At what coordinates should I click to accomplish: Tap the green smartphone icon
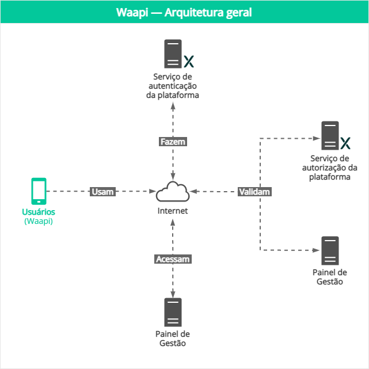pyautogui.click(x=39, y=191)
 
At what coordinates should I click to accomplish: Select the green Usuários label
pyautogui.click(x=39, y=212)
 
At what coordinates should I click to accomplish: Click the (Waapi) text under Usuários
pyautogui.click(x=39, y=221)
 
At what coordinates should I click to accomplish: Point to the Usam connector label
pyautogui.click(x=102, y=192)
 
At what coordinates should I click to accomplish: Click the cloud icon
pyautogui.click(x=173, y=191)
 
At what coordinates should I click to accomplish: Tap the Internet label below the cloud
pyautogui.click(x=173, y=211)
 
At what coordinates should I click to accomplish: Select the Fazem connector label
pyautogui.click(x=173, y=141)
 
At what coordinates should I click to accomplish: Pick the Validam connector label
pyautogui.click(x=254, y=192)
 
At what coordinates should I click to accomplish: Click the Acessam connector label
pyautogui.click(x=173, y=259)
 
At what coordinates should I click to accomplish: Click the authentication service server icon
pyautogui.click(x=173, y=54)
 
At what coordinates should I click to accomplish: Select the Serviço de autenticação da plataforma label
pyautogui.click(x=173, y=86)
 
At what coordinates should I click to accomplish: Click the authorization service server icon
pyautogui.click(x=330, y=136)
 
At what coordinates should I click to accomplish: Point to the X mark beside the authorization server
pyautogui.click(x=345, y=142)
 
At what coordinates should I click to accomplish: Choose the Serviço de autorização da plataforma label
pyautogui.click(x=330, y=168)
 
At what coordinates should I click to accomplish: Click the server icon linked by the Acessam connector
pyautogui.click(x=173, y=313)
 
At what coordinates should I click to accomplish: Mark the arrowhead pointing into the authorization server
pyautogui.click(x=316, y=138)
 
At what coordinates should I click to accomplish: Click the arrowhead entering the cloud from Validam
pyautogui.click(x=195, y=191)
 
